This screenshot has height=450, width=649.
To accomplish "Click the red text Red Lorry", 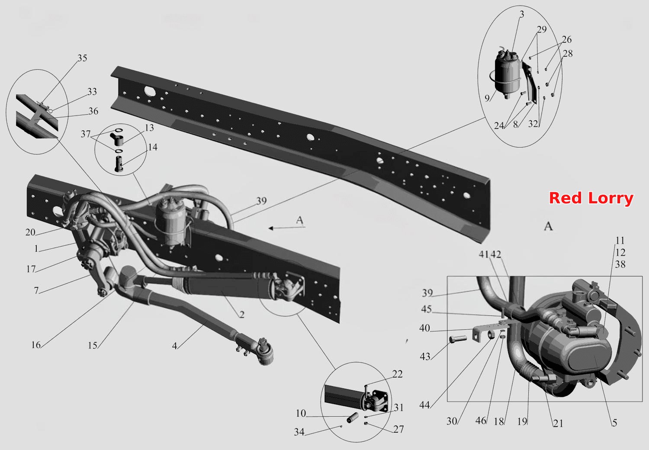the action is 591,199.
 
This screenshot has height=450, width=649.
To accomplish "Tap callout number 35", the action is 82,58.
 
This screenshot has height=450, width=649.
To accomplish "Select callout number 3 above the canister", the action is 522,14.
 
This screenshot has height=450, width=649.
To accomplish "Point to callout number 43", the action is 425,357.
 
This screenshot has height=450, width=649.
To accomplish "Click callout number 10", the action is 301,413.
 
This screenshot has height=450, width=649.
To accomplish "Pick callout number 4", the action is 174,346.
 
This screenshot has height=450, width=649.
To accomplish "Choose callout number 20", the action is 30,232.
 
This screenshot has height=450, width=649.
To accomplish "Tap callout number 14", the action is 153,147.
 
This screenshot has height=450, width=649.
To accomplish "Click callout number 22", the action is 397,374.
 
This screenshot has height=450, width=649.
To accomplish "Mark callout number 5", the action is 614,423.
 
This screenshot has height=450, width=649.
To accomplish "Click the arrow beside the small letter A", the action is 286,228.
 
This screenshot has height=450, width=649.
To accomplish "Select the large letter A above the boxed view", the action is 548,226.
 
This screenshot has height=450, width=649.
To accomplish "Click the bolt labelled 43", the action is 458,338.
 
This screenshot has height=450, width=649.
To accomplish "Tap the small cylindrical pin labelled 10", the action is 353,418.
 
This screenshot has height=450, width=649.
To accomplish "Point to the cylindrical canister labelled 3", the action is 507,75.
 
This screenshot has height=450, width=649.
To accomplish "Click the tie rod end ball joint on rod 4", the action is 263,352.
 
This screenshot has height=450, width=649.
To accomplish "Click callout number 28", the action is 568,54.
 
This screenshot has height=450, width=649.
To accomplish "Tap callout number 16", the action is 36,345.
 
